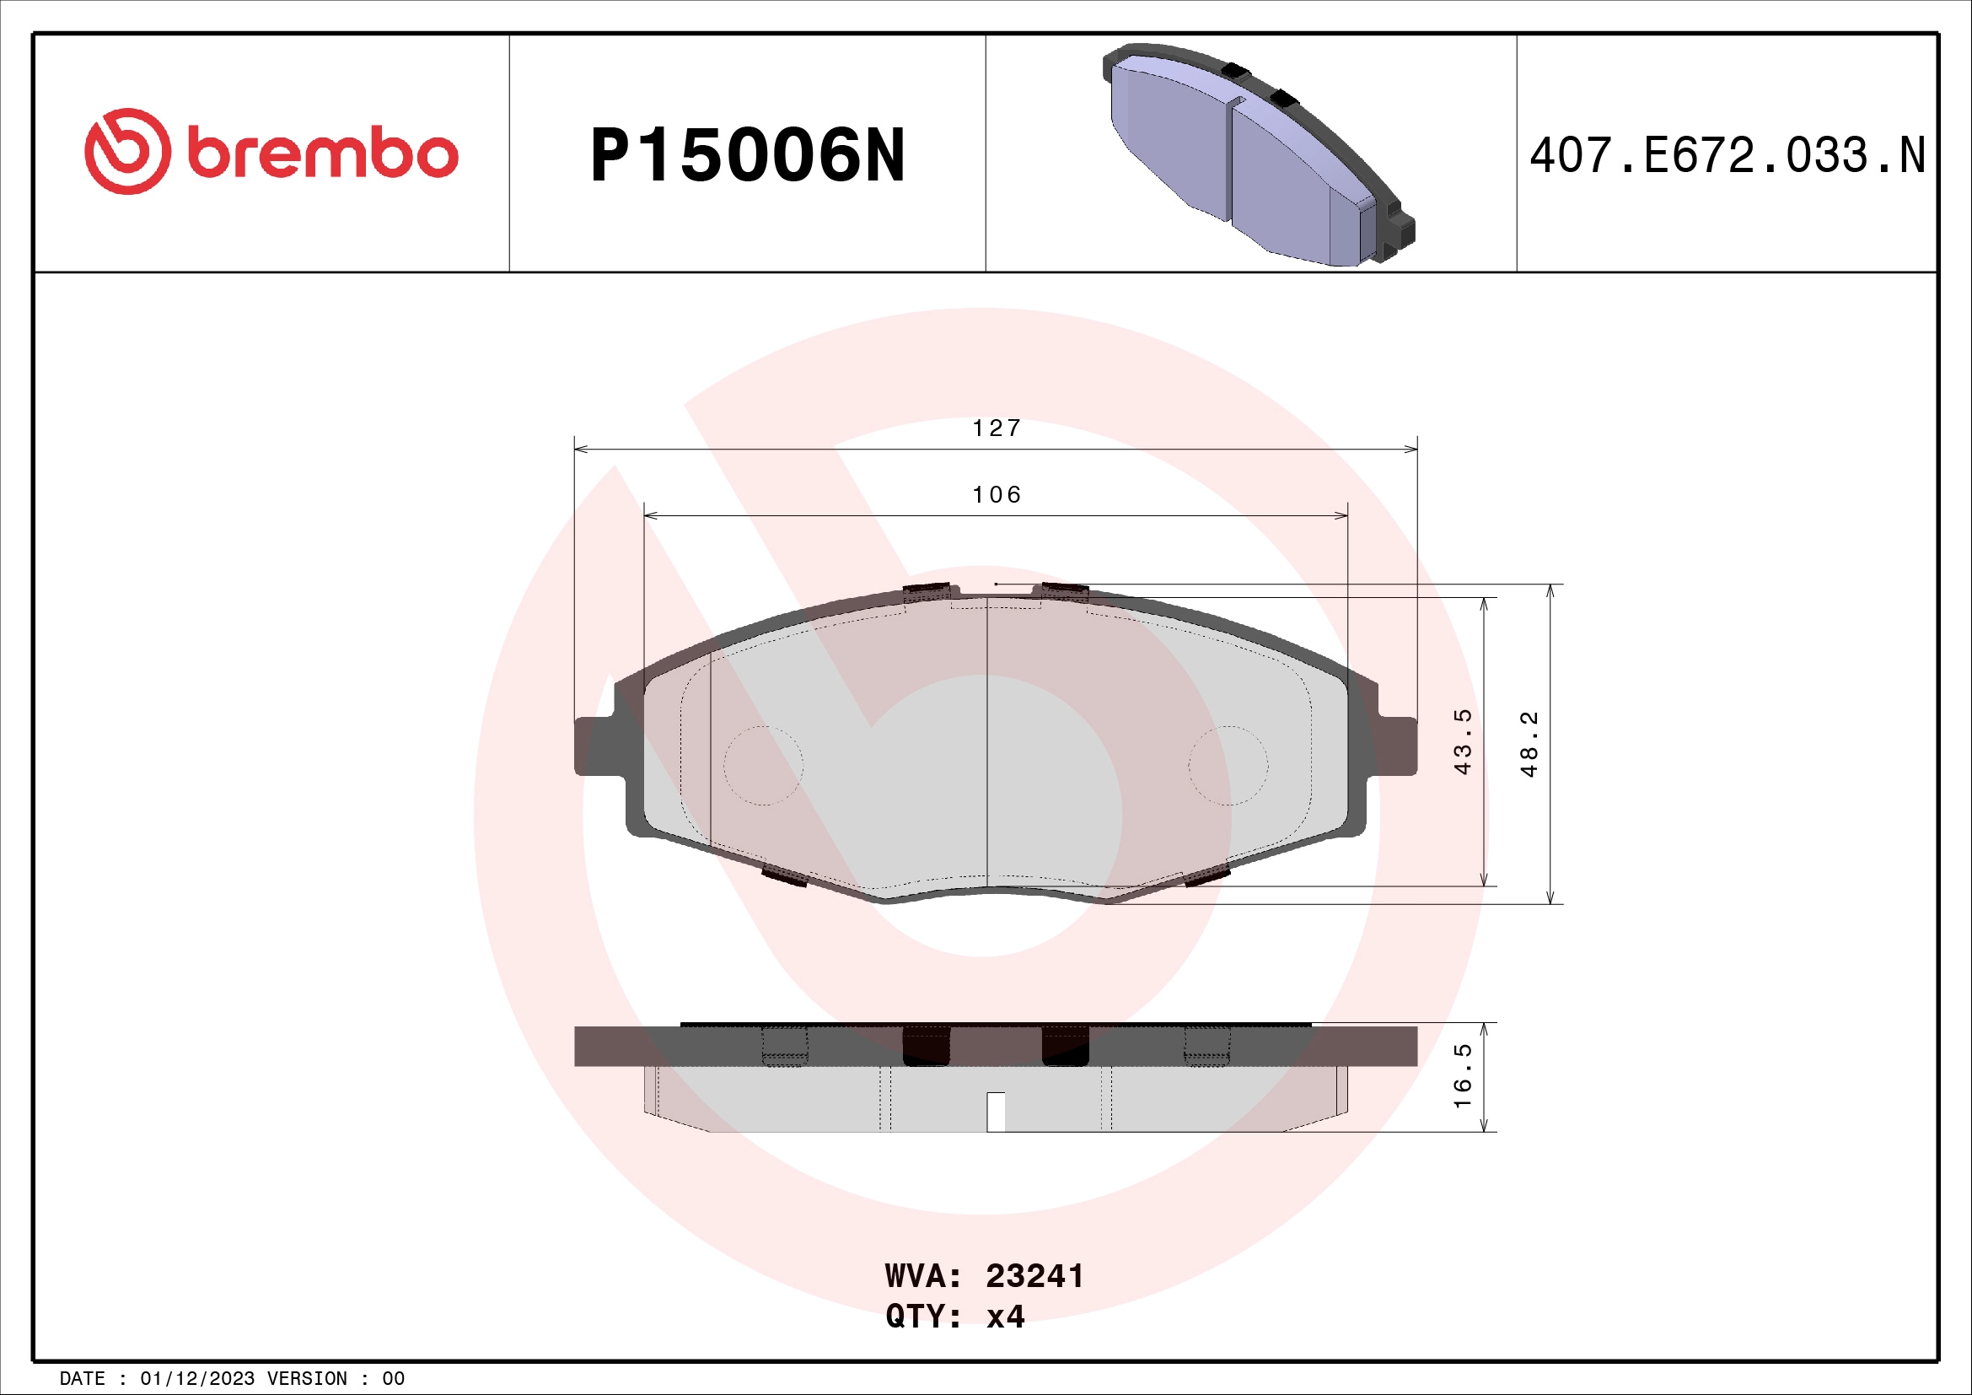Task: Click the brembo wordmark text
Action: pyautogui.click(x=322, y=154)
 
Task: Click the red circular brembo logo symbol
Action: pyautogui.click(x=127, y=151)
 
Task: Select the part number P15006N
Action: pyautogui.click(x=747, y=155)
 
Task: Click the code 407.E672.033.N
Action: pyautogui.click(x=1728, y=155)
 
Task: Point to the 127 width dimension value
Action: pyautogui.click(x=997, y=428)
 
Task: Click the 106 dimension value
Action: pyautogui.click(x=997, y=495)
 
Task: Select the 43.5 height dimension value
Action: pyautogui.click(x=1462, y=741)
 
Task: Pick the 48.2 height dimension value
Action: pyautogui.click(x=1529, y=744)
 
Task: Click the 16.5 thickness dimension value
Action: pyautogui.click(x=1462, y=1075)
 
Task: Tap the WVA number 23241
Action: pyautogui.click(x=1034, y=1276)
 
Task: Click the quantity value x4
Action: pyautogui.click(x=1005, y=1317)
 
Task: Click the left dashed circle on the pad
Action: pyautogui.click(x=763, y=765)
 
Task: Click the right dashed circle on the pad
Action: pyautogui.click(x=1228, y=765)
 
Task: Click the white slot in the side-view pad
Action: pyautogui.click(x=996, y=1112)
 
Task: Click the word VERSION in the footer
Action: pyautogui.click(x=307, y=1379)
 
